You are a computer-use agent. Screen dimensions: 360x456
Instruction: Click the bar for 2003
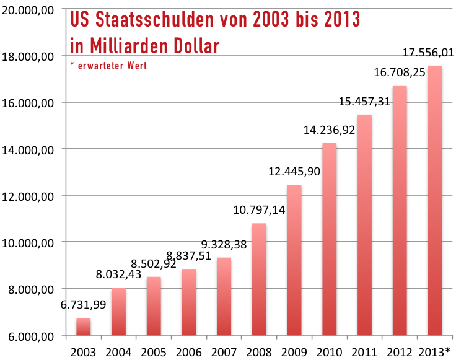click(83, 327)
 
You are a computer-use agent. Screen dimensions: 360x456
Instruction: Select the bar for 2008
click(259, 279)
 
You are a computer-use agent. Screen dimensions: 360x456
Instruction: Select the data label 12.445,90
click(294, 172)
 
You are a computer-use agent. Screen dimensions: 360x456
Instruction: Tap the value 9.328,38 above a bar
click(223, 245)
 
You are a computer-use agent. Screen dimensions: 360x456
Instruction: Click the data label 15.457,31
click(364, 102)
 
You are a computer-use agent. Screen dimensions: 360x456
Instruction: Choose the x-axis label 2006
click(189, 353)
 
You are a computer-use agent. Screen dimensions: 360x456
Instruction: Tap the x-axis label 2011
click(364, 353)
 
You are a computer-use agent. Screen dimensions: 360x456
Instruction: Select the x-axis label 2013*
click(435, 353)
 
